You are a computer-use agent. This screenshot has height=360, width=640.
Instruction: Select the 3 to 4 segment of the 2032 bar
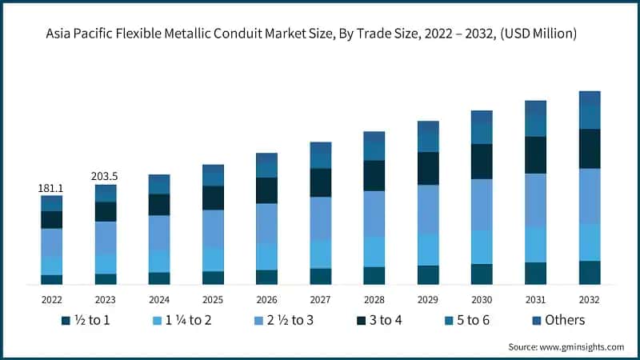point(590,149)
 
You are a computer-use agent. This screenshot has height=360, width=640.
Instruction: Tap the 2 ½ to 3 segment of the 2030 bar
point(482,204)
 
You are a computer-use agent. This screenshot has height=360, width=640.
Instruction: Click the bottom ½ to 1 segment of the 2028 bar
point(374,275)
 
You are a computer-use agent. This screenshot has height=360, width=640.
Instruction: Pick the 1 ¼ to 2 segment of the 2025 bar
point(213,259)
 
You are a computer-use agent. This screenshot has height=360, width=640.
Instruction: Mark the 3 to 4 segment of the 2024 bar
point(159,205)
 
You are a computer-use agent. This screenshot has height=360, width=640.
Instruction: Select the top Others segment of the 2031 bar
point(535,107)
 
